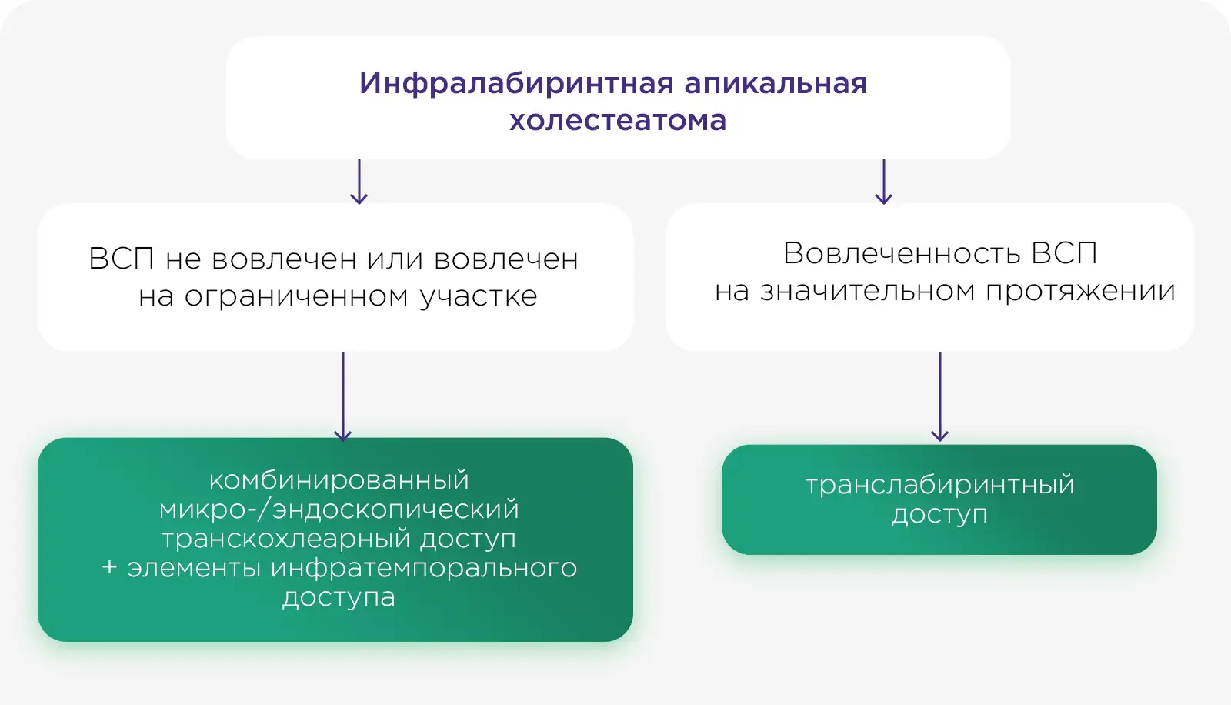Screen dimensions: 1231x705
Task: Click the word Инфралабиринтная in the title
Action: [x=516, y=84]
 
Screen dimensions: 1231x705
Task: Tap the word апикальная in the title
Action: [x=776, y=84]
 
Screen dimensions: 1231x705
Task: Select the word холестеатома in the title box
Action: [x=618, y=120]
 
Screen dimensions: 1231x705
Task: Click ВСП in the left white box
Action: [x=122, y=259]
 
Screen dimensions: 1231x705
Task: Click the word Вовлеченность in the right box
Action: [x=901, y=253]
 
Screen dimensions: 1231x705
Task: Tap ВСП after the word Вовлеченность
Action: [x=1064, y=253]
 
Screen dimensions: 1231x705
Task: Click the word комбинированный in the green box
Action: [x=339, y=480]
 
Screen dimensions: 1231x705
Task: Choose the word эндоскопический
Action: [x=395, y=510]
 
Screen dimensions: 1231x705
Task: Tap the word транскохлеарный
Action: [x=285, y=539]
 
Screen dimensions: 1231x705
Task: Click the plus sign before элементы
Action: [x=109, y=567]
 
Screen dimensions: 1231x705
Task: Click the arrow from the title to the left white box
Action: [x=359, y=182]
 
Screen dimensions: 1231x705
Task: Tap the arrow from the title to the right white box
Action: [x=884, y=182]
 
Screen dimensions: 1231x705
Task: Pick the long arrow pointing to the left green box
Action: [x=343, y=396]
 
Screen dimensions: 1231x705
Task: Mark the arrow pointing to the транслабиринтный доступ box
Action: [x=939, y=396]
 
